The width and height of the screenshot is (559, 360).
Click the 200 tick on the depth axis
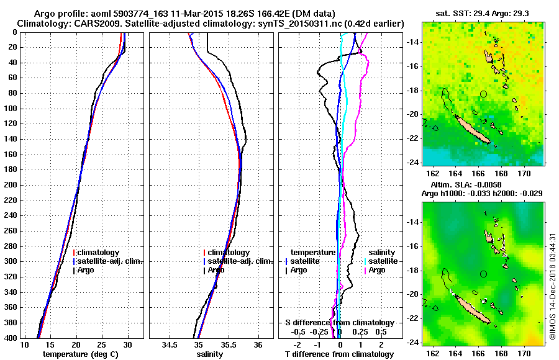pos(10,185)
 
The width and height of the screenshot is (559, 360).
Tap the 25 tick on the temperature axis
pos(102,344)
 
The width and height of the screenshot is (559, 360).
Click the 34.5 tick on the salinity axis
pos(169,344)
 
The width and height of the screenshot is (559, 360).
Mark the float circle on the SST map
pos(483,94)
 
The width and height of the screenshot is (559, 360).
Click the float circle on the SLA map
pos(483,274)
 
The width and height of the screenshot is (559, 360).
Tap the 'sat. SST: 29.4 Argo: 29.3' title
pos(483,12)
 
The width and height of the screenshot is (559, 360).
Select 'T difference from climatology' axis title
pos(339,354)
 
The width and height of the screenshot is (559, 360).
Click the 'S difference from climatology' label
pos(339,323)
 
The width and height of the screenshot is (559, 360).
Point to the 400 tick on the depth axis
pos(10,338)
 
